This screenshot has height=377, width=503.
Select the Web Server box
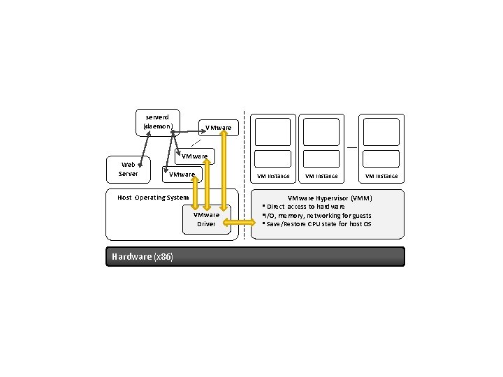pyautogui.click(x=128, y=169)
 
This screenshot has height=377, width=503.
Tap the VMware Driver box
pyautogui.click(x=206, y=219)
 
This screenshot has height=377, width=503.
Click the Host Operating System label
pyautogui.click(x=153, y=198)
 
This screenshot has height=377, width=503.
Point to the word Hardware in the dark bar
pyautogui.click(x=131, y=257)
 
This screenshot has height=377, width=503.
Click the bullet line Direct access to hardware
pyautogui.click(x=305, y=207)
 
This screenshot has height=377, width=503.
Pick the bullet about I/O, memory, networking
pyautogui.click(x=318, y=216)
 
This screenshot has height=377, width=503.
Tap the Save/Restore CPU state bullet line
pyautogui.click(x=318, y=224)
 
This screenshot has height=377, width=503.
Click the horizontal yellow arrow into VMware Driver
pyautogui.click(x=240, y=223)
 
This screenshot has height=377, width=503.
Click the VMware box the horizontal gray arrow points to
pyautogui.click(x=219, y=128)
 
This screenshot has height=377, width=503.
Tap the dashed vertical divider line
pyautogui.click(x=245, y=175)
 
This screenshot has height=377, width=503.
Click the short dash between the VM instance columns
pyautogui.click(x=352, y=147)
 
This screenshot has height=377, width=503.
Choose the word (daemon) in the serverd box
pyautogui.click(x=157, y=126)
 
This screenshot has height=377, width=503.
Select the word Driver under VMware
pyautogui.click(x=206, y=224)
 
